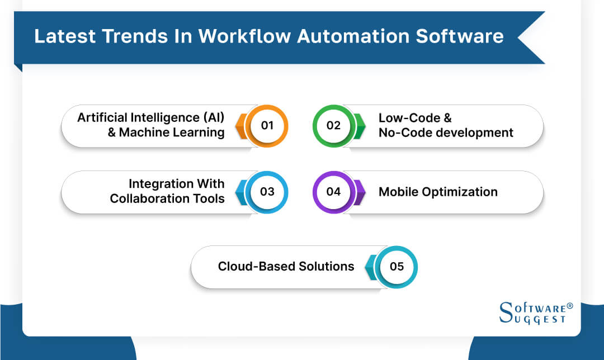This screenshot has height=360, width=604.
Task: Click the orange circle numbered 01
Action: [x=267, y=126]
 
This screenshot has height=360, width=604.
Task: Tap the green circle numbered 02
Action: [x=334, y=126]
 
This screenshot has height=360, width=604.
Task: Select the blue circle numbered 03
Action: [x=267, y=192]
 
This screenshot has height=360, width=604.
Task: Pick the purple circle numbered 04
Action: [x=334, y=192]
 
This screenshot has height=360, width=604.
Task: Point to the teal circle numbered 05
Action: [x=397, y=267]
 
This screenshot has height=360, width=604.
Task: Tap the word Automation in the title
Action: [x=351, y=36]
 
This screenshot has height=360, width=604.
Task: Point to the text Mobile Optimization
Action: [x=438, y=192]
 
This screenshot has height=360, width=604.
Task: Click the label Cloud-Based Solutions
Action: [x=286, y=267]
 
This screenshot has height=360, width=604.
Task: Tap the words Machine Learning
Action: [x=172, y=133]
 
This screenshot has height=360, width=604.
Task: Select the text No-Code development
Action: [x=446, y=133]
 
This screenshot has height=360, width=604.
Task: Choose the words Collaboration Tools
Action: [x=167, y=199]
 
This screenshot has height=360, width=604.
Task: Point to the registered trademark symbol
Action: [x=570, y=306]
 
